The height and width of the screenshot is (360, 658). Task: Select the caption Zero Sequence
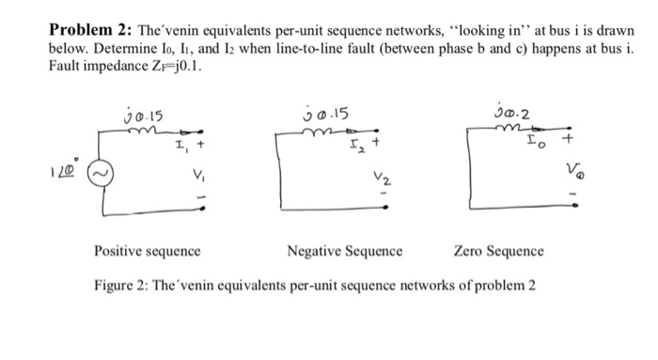[497, 252]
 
